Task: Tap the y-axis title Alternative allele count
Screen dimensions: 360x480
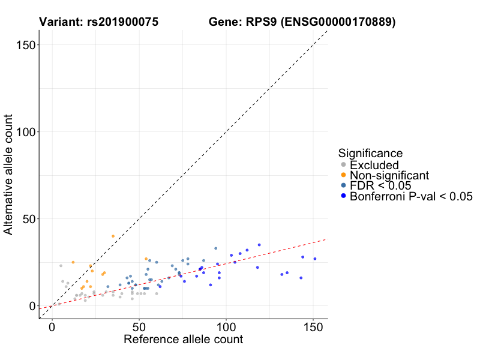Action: click(x=9, y=175)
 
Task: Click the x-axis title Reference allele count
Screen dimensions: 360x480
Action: click(x=183, y=340)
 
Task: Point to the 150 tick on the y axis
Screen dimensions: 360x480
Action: click(x=25, y=45)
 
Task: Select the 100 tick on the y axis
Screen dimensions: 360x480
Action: click(x=25, y=132)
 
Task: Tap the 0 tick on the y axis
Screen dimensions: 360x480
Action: click(x=31, y=306)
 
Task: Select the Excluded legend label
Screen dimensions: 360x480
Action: click(x=374, y=165)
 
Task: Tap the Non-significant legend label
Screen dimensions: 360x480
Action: click(x=389, y=175)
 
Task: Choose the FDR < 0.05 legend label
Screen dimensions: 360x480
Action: click(x=380, y=185)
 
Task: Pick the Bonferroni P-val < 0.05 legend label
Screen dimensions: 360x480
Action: click(x=411, y=196)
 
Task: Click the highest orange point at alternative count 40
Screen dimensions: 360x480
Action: click(x=113, y=236)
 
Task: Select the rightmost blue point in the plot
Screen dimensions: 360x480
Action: click(x=314, y=259)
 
